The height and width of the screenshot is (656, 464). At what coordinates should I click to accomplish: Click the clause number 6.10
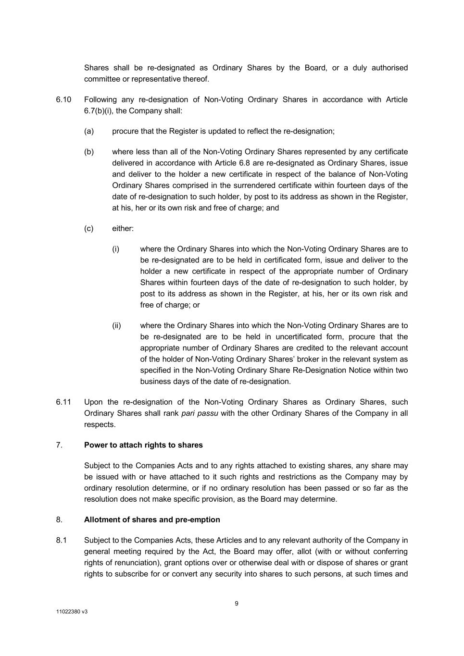pos(63,99)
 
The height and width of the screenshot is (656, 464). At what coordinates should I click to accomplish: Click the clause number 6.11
pos(63,402)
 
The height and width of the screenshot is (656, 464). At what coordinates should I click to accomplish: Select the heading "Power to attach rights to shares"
pos(143,445)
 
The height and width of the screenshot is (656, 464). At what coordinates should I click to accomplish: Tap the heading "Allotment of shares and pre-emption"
pos(152,520)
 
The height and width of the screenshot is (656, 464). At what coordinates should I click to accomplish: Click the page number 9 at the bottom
pos(237,604)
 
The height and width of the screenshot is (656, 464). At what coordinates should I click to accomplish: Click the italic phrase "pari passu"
pos(200,413)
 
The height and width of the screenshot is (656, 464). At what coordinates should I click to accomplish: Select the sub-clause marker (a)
pos(89,131)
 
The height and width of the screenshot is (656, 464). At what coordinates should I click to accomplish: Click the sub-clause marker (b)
pos(89,152)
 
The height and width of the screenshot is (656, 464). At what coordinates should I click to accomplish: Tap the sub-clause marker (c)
pos(89,228)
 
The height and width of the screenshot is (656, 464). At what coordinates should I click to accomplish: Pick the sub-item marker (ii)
pos(117,326)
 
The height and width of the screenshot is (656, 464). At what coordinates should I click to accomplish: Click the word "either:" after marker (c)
pos(123,228)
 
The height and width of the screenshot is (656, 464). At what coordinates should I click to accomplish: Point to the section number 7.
pos(59,445)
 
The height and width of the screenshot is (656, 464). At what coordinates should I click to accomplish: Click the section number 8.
pos(59,520)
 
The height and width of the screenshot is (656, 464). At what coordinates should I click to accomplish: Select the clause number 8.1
pos(62,540)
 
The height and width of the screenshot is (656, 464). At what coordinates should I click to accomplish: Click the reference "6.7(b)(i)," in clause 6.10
pos(100,111)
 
